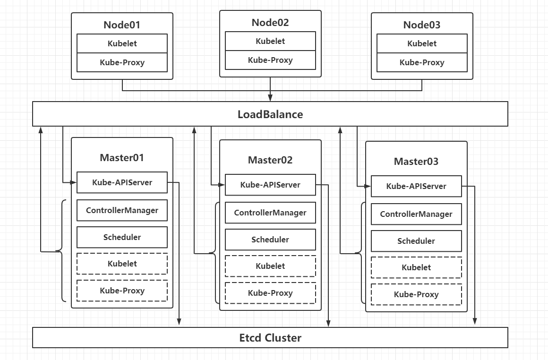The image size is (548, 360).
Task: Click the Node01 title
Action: pyautogui.click(x=122, y=25)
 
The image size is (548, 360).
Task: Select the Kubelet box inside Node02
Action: pyautogui.click(x=270, y=41)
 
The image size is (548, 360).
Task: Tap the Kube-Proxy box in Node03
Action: pyautogui.click(x=422, y=62)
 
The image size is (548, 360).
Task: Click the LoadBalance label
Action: pyautogui.click(x=270, y=114)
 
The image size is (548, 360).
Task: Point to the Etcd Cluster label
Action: pyautogui.click(x=270, y=338)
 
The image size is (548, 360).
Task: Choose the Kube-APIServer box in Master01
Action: pyautogui.click(x=122, y=182)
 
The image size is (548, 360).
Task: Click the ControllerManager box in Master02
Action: pyautogui.click(x=270, y=213)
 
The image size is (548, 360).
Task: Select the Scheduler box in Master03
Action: pyautogui.click(x=416, y=241)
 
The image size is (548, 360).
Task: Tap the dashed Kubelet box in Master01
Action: pyautogui.click(x=122, y=264)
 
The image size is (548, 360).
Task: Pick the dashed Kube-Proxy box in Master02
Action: pyautogui.click(x=270, y=293)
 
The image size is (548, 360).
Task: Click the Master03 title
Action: pyautogui.click(x=416, y=162)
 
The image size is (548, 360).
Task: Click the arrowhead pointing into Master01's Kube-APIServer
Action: pyautogui.click(x=73, y=182)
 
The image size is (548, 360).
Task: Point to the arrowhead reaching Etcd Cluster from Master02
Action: pyautogui.click(x=328, y=323)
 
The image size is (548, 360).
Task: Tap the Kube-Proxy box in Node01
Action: pyautogui.click(x=122, y=62)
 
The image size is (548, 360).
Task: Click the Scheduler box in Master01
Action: pyautogui.click(x=122, y=237)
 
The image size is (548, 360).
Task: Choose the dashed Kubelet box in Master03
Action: pyautogui.click(x=416, y=267)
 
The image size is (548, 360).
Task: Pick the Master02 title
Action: pyautogui.click(x=270, y=160)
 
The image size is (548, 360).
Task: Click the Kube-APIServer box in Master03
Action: pyautogui.click(x=416, y=186)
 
